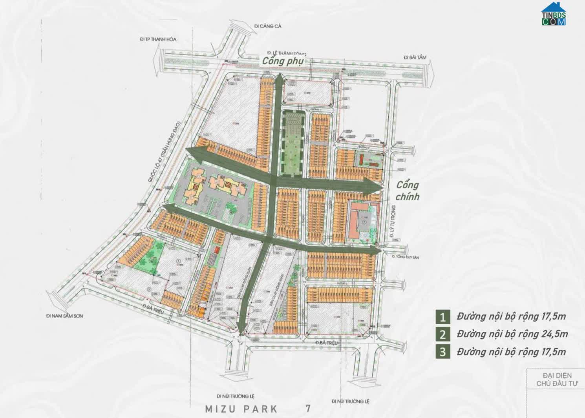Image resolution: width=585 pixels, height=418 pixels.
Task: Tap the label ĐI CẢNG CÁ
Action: (268, 26)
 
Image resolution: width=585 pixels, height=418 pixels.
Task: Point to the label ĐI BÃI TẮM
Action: (415, 58)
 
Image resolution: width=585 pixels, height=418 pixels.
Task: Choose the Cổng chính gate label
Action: (408, 191)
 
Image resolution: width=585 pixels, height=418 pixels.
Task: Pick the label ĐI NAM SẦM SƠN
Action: (64, 316)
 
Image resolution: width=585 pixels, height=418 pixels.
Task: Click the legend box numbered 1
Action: (442, 316)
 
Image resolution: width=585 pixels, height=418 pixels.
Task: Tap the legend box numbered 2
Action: (442, 334)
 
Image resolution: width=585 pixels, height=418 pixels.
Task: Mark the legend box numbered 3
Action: (442, 352)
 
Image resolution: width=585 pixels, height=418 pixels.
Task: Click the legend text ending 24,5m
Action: (512, 334)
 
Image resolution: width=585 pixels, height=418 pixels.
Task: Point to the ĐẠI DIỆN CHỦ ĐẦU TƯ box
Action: (554, 380)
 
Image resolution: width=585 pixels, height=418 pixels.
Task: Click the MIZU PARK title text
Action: (241, 409)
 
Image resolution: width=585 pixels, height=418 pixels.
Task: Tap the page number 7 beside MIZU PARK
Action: (308, 409)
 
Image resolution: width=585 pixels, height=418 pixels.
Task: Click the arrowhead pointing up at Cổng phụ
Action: (278, 78)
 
